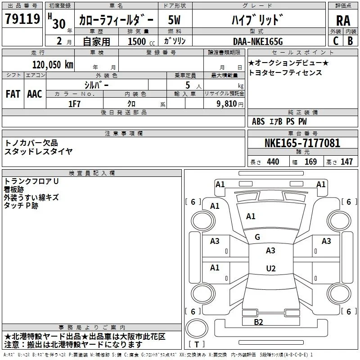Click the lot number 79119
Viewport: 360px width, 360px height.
pos(22,19)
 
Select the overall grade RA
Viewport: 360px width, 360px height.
pos(343,21)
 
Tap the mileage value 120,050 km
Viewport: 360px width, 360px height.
pos(53,65)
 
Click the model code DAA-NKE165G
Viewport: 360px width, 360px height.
pos(258,41)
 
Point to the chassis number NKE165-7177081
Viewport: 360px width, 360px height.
pos(302,143)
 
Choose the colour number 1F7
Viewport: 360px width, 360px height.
pos(74,104)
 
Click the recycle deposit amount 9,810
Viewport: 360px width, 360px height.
pos(227,104)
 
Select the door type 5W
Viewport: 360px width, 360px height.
pos(174,20)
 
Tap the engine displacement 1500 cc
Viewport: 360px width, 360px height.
pos(141,41)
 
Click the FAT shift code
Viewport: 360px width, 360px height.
pos(13,94)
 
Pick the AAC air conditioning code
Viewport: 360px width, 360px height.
pos(35,94)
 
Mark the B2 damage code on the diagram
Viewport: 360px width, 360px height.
pos(258,322)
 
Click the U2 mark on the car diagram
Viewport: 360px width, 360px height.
pos(271,268)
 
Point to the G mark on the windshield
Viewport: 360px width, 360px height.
pos(257,237)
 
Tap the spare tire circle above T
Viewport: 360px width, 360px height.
pos(197,328)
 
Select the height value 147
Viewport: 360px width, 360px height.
pos(346,162)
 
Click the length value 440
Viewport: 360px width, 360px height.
pos(273,162)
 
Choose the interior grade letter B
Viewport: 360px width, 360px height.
pos(350,41)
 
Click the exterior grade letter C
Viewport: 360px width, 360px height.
pos(336,41)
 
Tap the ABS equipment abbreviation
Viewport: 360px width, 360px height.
pos(258,121)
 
